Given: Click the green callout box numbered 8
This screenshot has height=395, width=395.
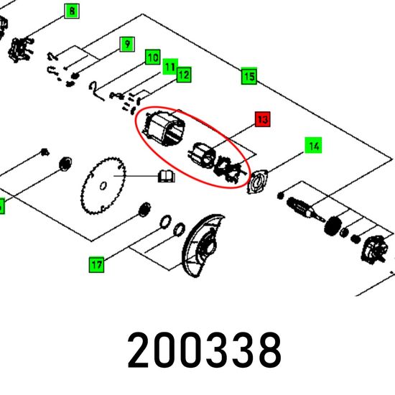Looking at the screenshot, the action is (x=72, y=11).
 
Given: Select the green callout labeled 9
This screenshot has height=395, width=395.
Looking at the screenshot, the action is (x=127, y=45).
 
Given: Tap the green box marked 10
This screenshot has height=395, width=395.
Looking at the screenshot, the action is (x=153, y=57).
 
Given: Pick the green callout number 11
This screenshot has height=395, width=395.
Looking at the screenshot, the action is (x=170, y=67).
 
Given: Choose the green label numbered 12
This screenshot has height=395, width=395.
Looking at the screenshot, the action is (x=184, y=75).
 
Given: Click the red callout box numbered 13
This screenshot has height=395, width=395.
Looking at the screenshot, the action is (x=263, y=119).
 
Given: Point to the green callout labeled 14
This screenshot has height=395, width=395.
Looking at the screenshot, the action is (x=313, y=145).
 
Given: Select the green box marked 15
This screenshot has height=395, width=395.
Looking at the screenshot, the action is (x=249, y=76).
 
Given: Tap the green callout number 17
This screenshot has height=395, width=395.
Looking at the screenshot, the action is (x=96, y=264).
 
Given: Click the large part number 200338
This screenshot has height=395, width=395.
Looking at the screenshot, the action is (x=204, y=350).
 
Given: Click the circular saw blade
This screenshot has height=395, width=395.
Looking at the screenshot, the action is (x=103, y=185).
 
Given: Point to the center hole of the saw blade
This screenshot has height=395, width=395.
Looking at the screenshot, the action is (x=103, y=186).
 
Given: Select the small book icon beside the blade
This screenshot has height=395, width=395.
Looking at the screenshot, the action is (x=167, y=176).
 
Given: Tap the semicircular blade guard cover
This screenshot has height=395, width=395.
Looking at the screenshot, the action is (x=202, y=246).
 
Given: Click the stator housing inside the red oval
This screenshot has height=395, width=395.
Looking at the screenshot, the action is (x=164, y=128).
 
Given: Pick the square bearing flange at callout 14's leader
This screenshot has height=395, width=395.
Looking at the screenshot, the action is (x=258, y=182).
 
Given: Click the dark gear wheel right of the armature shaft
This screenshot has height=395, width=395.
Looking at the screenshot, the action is (x=333, y=226).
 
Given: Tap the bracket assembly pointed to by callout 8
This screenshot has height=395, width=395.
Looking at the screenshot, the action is (x=21, y=50).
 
